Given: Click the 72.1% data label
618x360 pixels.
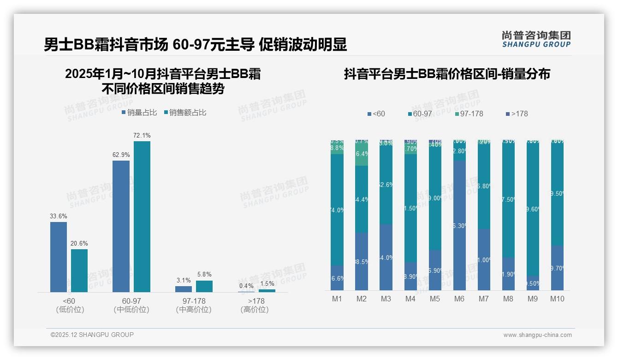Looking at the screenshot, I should (x=142, y=135).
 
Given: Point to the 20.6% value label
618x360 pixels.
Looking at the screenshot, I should (x=79, y=243).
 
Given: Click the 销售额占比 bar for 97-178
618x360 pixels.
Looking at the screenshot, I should (x=204, y=286).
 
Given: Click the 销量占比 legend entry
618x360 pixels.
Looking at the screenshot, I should (x=139, y=113).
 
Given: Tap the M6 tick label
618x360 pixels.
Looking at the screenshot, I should (x=459, y=299).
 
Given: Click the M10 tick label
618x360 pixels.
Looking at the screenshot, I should (x=557, y=299).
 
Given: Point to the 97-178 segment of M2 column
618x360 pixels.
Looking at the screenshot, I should (x=362, y=154).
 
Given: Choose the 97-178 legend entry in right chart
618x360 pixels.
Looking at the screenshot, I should (x=469, y=114).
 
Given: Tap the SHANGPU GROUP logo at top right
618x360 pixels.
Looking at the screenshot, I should (x=536, y=39).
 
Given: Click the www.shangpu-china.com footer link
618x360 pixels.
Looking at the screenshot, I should (x=537, y=335).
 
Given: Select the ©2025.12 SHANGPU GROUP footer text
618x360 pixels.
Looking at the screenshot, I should (x=92, y=335).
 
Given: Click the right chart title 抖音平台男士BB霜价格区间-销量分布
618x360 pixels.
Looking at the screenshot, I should (x=447, y=74).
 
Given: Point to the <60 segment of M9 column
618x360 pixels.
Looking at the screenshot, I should (x=532, y=283).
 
